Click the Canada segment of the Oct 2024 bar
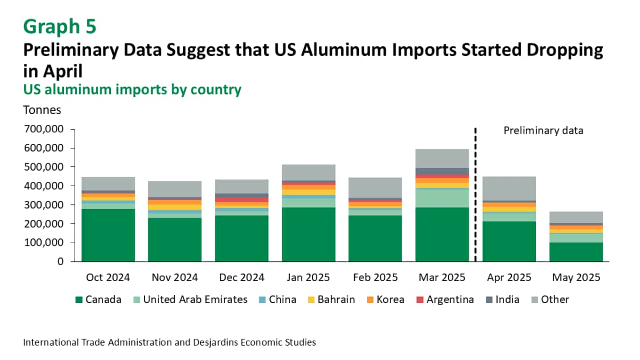pos(108,235)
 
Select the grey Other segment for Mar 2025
pos(442,158)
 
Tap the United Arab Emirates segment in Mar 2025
pos(442,197)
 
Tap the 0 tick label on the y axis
pos(60,262)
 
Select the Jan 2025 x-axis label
pos(308,278)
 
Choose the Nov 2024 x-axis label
pos(175,278)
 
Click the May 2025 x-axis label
pos(576,278)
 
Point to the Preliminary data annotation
pos(543,130)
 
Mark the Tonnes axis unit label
pos(42,110)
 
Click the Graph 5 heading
pos(60,26)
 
